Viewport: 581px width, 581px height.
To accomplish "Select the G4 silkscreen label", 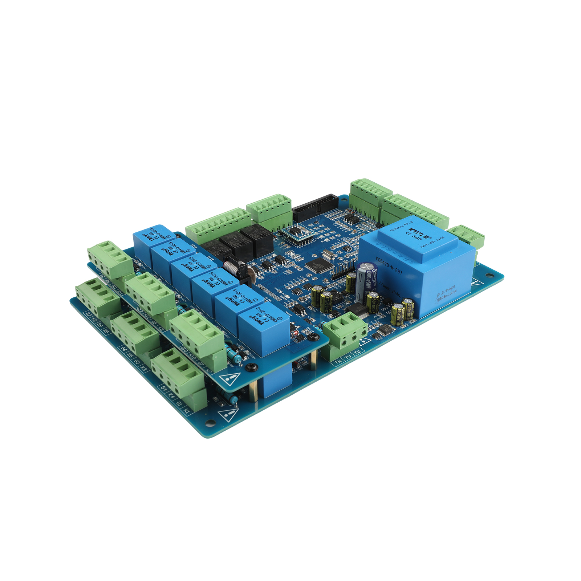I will [x=163, y=388].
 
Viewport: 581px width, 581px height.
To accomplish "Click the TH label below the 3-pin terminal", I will [x=338, y=362].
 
